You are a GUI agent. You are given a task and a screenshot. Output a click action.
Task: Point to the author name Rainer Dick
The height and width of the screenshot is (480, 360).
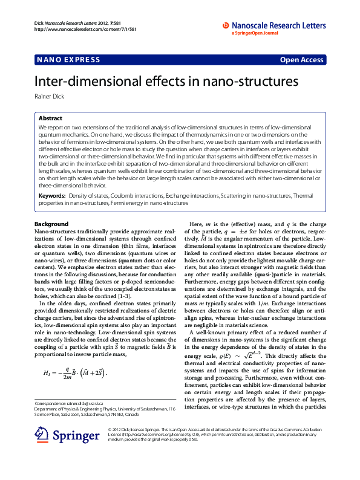49,96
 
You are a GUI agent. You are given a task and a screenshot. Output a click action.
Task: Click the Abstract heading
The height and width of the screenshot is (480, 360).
50,119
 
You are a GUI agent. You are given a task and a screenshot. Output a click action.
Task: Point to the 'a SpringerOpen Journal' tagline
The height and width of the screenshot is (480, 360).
257,34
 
